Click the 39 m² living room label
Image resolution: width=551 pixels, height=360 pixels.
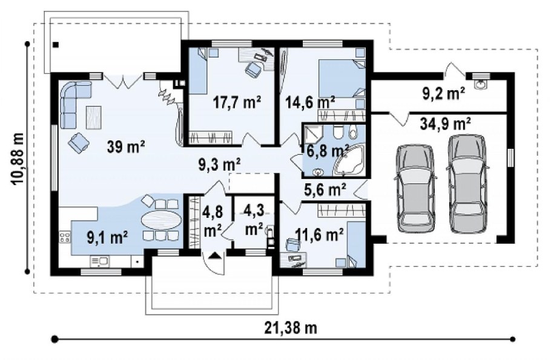coord(126,146)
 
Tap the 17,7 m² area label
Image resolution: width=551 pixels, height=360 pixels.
coord(237,103)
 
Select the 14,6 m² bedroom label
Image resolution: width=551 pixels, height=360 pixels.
coord(310,103)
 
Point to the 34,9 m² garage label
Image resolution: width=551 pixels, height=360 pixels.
coord(445,124)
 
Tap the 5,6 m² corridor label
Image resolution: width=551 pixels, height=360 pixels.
coord(325,189)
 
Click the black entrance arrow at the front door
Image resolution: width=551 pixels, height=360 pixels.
coord(215,256)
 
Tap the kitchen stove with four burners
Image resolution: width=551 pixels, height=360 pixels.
coord(65,237)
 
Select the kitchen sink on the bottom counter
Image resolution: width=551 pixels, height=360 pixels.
coord(100,261)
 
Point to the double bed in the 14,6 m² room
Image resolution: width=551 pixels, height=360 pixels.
coord(341,79)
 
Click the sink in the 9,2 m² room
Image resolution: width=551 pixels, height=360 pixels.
coord(480,84)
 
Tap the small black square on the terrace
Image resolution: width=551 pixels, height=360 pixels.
coord(56,45)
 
